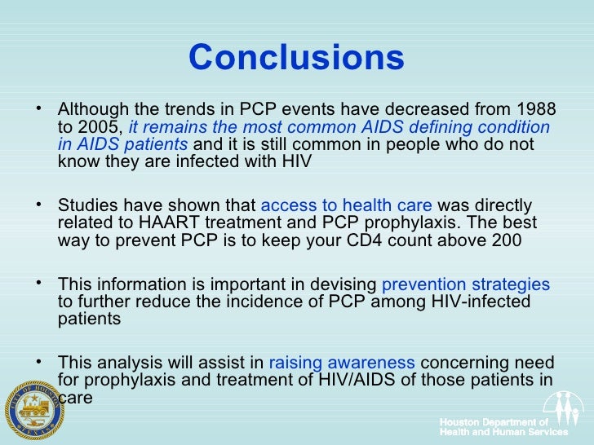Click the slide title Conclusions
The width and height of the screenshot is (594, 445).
[296, 58]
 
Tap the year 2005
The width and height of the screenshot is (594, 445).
[97, 128]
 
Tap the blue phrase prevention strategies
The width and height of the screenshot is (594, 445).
[466, 285]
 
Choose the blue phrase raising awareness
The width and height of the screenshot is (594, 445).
[342, 363]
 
